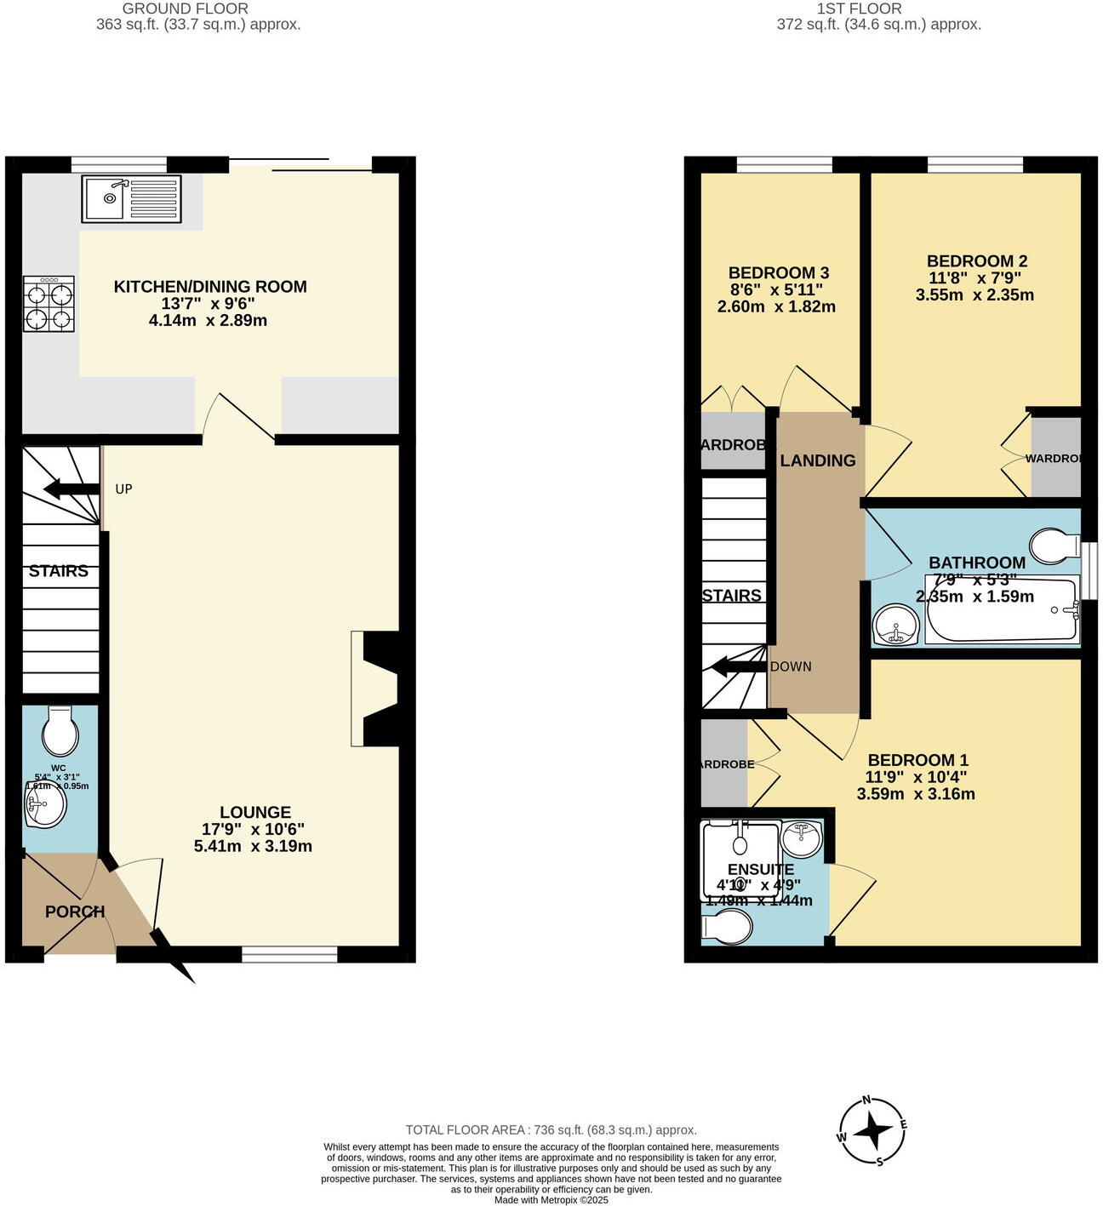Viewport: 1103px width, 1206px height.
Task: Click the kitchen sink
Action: tap(132, 198)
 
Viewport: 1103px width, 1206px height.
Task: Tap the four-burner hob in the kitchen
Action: tap(49, 304)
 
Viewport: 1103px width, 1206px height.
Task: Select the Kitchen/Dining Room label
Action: tap(210, 287)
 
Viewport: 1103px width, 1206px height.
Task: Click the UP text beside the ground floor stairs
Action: tap(123, 489)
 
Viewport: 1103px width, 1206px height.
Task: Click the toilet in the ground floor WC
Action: tap(60, 730)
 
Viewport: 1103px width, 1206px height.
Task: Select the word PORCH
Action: tap(75, 912)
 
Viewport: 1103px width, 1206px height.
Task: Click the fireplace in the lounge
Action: tap(375, 689)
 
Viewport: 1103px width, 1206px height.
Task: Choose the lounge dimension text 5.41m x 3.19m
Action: tap(253, 846)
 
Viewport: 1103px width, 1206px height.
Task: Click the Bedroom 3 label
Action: tap(778, 273)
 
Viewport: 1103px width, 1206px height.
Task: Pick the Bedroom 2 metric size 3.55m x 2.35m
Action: tap(974, 295)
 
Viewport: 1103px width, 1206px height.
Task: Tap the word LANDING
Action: tap(818, 460)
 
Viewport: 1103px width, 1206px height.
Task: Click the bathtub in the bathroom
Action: tap(1002, 610)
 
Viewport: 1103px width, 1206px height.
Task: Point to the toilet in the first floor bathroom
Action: tap(1054, 546)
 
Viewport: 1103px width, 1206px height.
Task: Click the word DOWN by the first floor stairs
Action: tap(791, 666)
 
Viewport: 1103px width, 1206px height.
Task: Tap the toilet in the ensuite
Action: tap(726, 927)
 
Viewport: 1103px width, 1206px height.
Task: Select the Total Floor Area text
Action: tap(551, 1130)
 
